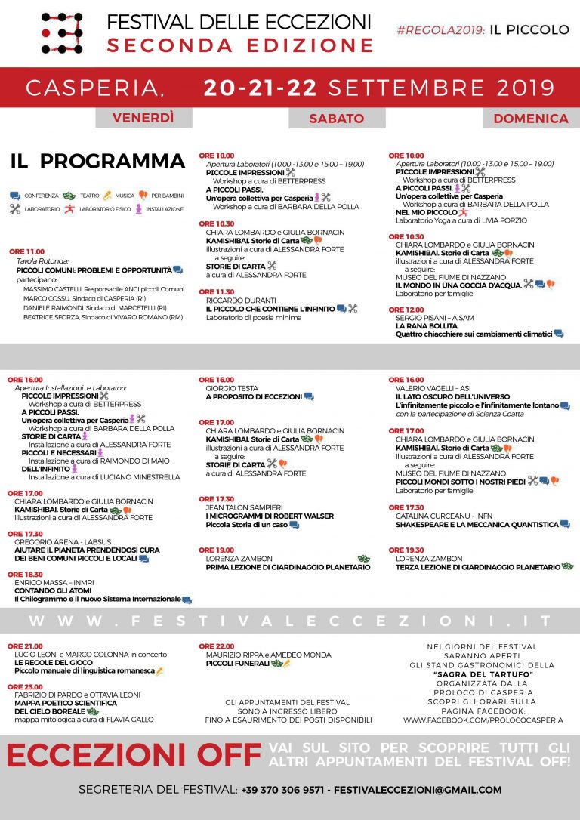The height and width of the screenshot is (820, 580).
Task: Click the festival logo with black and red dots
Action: pos(62,32)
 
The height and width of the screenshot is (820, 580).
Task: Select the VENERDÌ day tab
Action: pos(143,118)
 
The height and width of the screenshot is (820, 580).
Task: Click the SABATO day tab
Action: pos(336,119)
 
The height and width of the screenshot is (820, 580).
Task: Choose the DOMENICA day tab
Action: pos(531,119)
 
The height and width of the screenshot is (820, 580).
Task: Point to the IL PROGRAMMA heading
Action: pos(97,162)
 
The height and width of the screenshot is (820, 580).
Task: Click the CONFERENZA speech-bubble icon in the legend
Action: pos(15,195)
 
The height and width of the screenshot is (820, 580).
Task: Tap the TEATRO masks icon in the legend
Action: pos(69,195)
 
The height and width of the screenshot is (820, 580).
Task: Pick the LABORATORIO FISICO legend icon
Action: pos(69,209)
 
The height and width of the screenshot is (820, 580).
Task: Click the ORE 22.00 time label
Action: pos(216,646)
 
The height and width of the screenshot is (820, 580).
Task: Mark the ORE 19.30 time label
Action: pos(406,550)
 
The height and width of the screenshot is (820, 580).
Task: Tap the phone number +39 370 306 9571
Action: pos(283,790)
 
